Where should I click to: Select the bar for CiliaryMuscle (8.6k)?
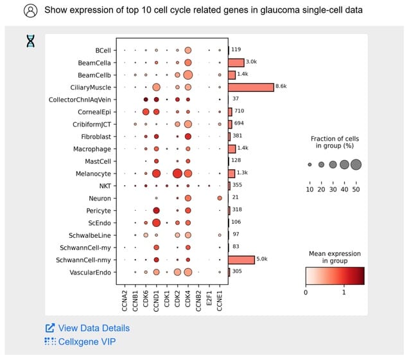pos(251,87)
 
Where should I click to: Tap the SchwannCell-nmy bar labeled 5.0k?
pos(241,260)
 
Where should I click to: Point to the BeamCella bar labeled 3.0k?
pos(236,62)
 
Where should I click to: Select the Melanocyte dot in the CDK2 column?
pos(177,174)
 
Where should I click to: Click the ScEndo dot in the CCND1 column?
pos(156,223)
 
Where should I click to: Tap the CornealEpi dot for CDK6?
pos(146,112)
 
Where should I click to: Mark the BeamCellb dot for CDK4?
pos(188,75)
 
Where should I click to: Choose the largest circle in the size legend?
pos(356,165)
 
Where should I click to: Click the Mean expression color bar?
pos(334,276)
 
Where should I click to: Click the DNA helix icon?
pos(30,40)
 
